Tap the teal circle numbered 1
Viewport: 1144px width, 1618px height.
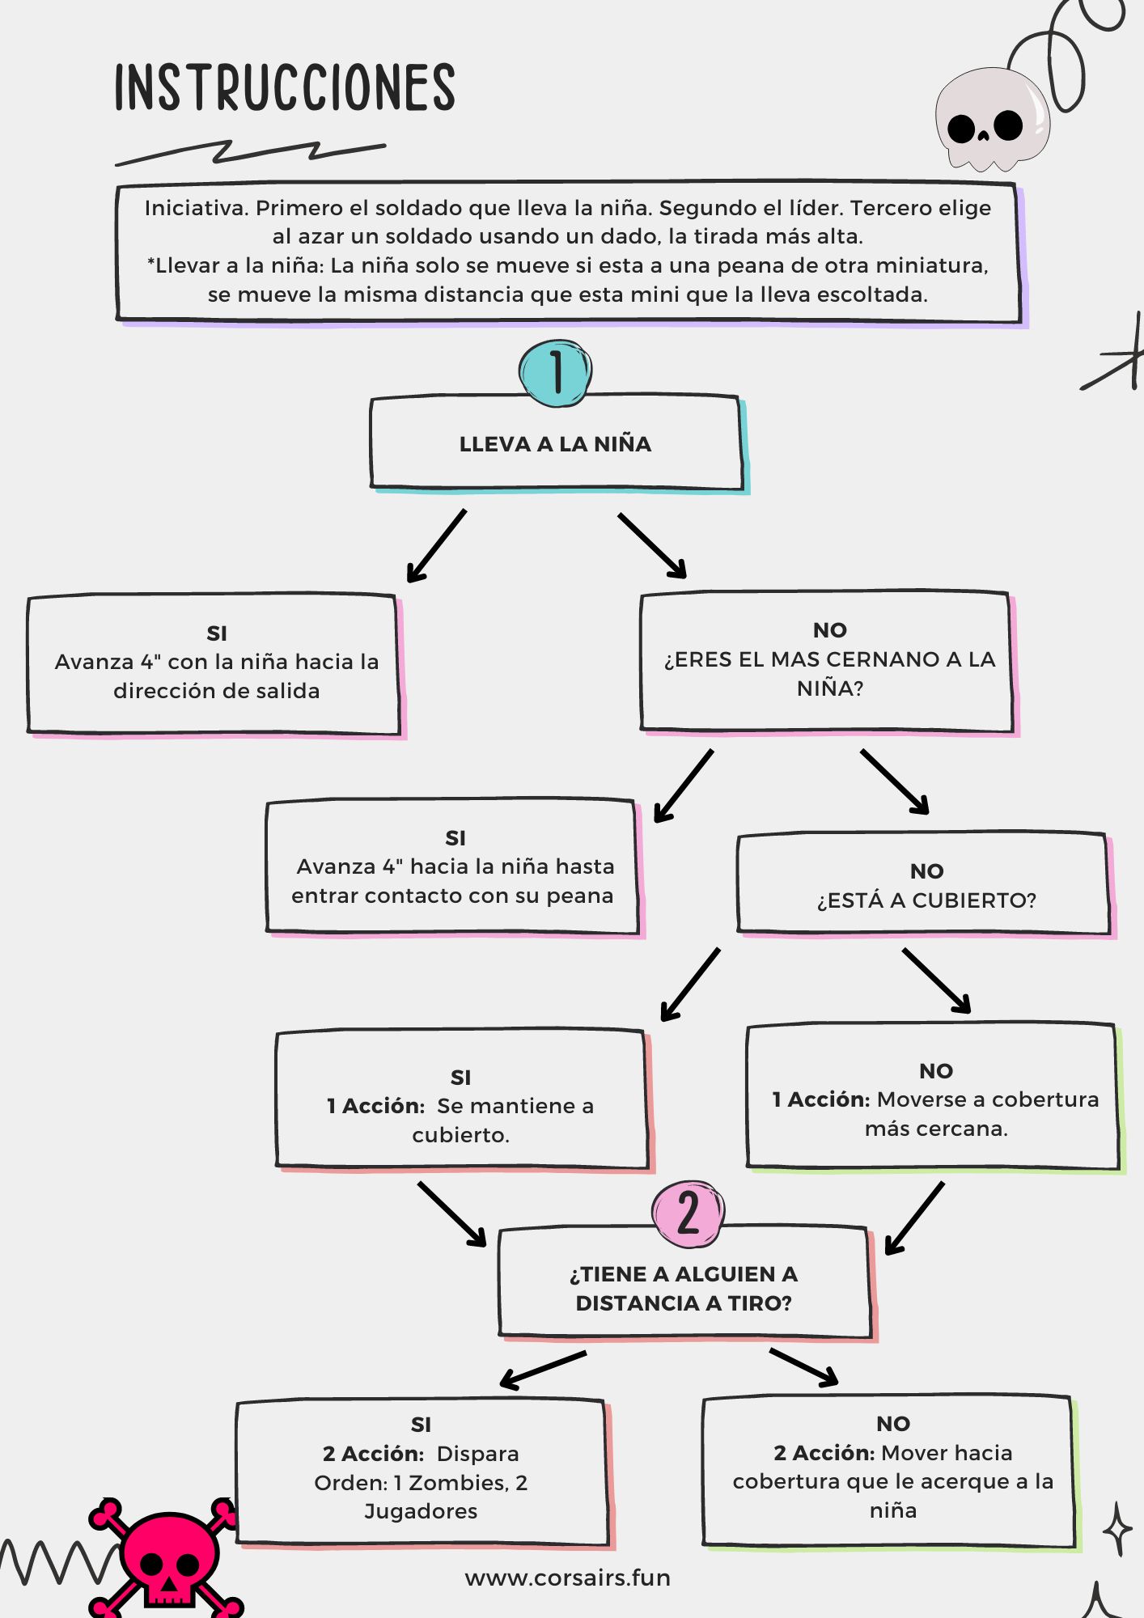click(555, 372)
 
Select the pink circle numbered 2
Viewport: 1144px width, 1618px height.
click(688, 1213)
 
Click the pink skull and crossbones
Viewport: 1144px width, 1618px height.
click(166, 1557)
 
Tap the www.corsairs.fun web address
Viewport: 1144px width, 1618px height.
click(568, 1578)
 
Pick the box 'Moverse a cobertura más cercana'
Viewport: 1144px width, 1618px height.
click(934, 1099)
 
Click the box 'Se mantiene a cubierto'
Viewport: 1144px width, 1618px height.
click(463, 1100)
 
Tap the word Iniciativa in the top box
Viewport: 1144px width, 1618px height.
click(197, 208)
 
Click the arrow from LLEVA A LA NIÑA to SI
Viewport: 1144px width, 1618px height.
click(436, 546)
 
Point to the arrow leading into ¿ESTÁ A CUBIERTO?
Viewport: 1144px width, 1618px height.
click(895, 781)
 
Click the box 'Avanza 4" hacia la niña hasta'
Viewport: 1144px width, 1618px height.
click(454, 867)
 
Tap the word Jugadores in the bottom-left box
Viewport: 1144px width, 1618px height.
click(421, 1511)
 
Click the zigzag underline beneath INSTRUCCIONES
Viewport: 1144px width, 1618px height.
click(251, 152)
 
